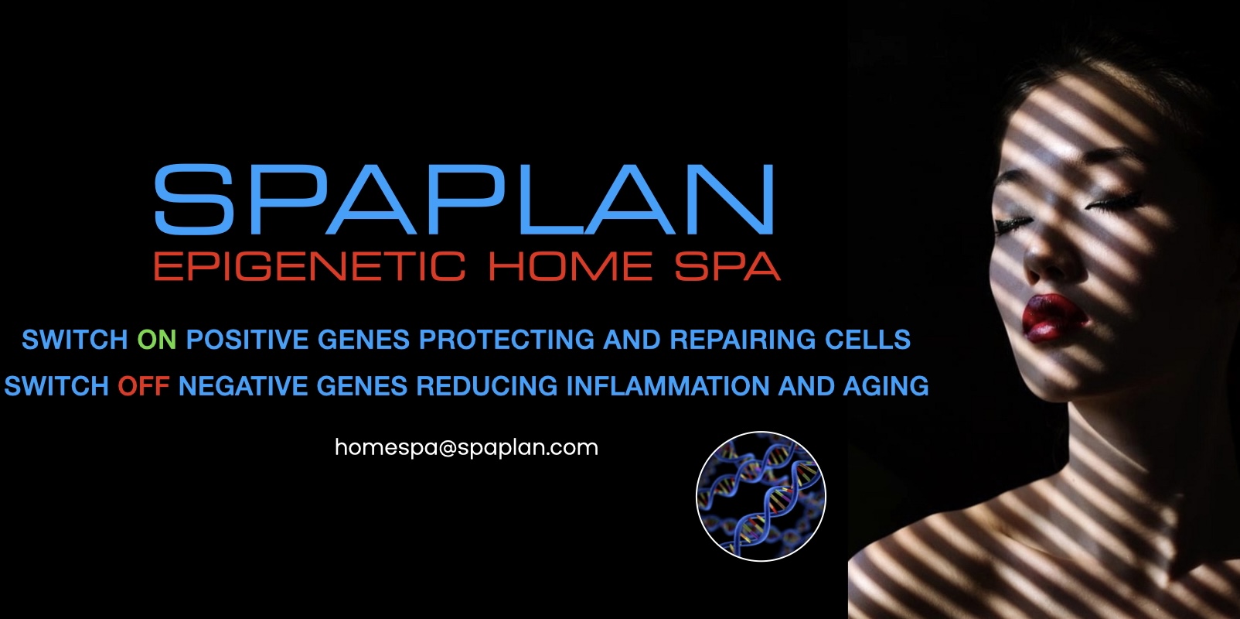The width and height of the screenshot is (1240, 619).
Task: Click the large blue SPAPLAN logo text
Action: click(x=464, y=199)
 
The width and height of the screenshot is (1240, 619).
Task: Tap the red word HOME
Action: click(x=571, y=266)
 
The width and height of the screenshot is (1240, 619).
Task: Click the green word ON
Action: click(x=157, y=340)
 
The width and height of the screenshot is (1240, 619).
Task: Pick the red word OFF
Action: click(x=143, y=386)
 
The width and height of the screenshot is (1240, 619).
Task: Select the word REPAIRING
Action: click(x=743, y=340)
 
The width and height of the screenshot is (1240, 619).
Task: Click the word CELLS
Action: click(x=867, y=340)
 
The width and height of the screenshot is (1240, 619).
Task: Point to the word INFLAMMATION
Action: click(x=668, y=386)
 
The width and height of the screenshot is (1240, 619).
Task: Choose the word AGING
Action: click(x=886, y=386)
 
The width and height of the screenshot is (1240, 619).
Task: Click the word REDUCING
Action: click(x=486, y=386)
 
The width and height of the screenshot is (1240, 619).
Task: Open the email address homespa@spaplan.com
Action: click(x=466, y=448)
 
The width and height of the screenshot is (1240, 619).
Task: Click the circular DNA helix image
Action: click(x=761, y=497)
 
